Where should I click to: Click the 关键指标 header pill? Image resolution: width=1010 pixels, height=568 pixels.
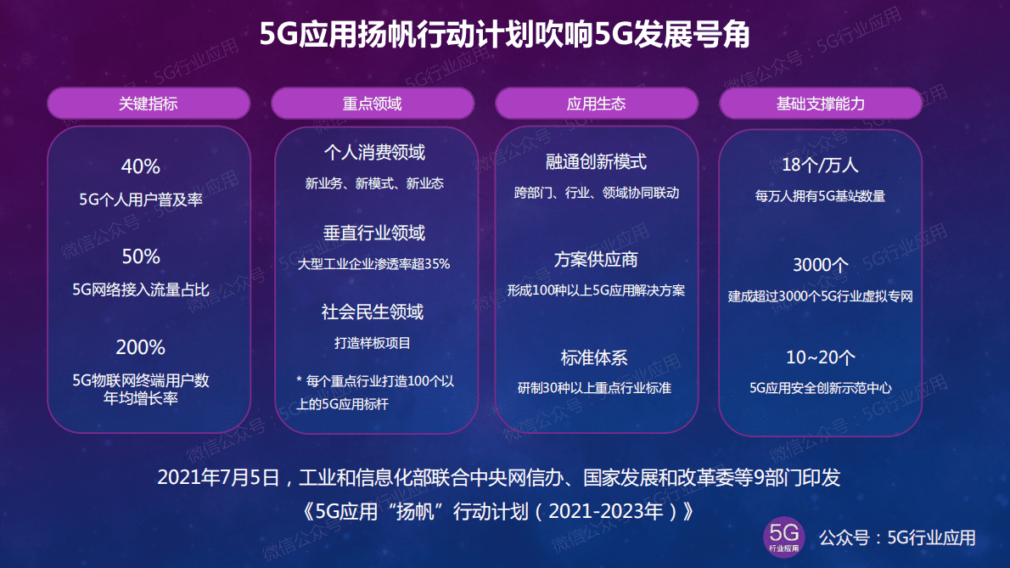click(x=149, y=104)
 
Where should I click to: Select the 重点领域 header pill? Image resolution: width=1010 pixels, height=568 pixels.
click(x=372, y=104)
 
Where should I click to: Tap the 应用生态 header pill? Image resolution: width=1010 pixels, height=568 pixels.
click(x=596, y=104)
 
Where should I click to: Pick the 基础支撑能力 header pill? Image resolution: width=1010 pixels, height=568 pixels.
click(x=820, y=104)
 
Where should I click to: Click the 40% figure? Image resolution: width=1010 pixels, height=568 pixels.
click(x=141, y=166)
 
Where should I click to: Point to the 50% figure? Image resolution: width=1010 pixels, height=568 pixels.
click(x=141, y=256)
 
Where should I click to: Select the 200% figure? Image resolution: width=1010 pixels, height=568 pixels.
click(x=141, y=347)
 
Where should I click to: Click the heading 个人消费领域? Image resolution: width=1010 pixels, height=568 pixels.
click(x=374, y=153)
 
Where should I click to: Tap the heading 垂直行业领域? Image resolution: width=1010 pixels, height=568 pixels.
click(x=374, y=233)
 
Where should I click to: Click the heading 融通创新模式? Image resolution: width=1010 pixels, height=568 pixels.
click(x=596, y=161)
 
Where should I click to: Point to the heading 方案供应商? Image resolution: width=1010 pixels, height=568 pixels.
click(x=596, y=259)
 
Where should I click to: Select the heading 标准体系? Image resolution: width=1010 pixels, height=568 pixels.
click(x=594, y=357)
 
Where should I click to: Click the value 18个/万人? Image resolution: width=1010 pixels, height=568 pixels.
click(x=820, y=165)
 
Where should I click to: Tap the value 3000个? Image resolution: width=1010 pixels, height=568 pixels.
click(x=820, y=265)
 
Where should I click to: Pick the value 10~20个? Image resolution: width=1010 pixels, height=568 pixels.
click(x=820, y=357)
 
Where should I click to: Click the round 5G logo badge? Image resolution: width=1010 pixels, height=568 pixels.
click(x=783, y=537)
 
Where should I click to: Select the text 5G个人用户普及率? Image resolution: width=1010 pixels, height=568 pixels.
click(x=141, y=200)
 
